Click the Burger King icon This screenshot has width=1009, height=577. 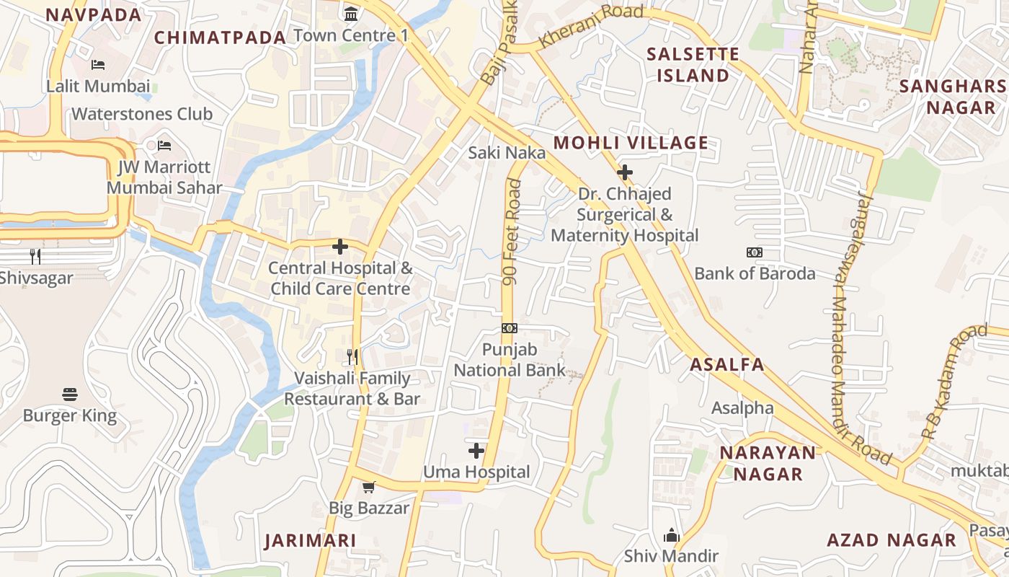[70, 395]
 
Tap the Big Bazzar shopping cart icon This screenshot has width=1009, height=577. [369, 487]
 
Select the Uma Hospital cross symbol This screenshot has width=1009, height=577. [476, 451]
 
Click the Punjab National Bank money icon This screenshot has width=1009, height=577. [510, 328]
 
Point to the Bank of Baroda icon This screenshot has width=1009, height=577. [755, 252]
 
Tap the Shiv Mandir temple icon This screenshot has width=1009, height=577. [672, 535]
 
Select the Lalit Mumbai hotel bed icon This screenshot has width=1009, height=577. [98, 65]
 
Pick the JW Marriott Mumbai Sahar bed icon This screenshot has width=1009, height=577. [164, 146]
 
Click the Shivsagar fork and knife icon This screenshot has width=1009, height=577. [35, 256]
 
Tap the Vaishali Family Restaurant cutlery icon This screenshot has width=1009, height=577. [352, 356]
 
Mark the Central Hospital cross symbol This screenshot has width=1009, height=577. [340, 247]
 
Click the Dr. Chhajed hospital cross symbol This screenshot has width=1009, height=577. [625, 172]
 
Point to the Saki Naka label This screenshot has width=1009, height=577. [507, 153]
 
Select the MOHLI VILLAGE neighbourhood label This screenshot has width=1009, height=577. [631, 143]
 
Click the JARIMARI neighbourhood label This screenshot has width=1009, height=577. [311, 541]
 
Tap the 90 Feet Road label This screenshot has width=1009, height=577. [512, 232]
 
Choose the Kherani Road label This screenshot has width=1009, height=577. [591, 26]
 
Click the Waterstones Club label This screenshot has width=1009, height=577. [142, 114]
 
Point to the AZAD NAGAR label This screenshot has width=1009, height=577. [892, 540]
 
